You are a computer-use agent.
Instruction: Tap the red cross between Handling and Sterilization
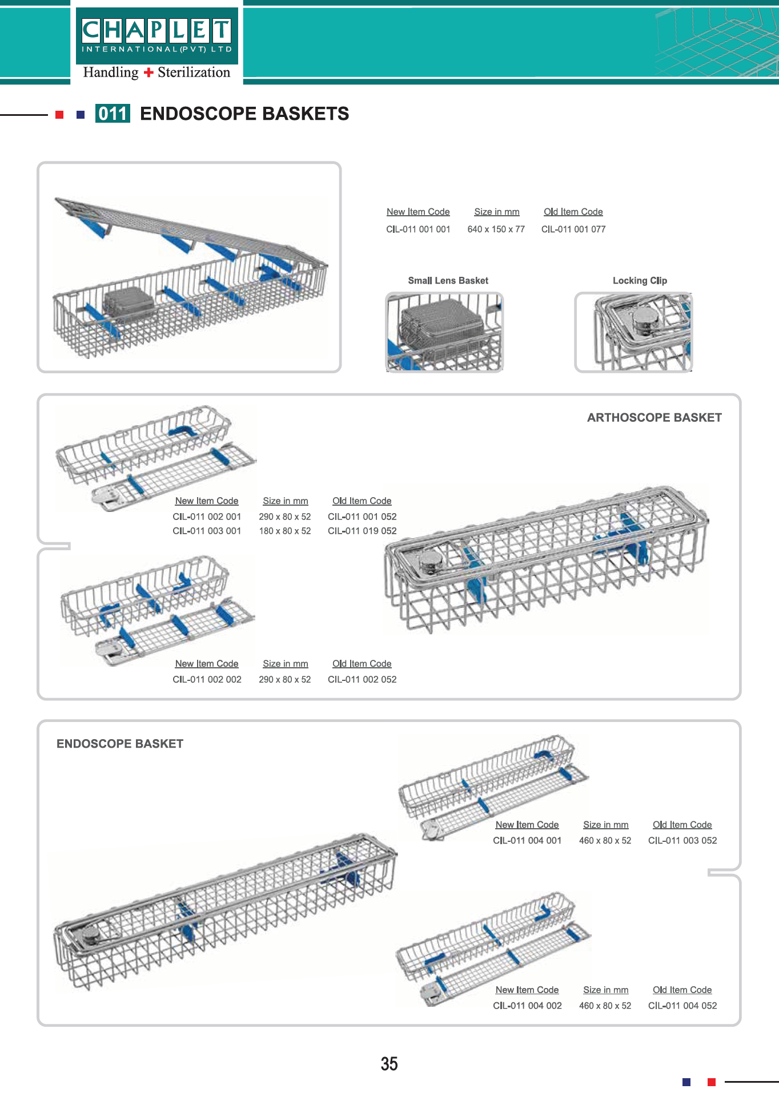pos(148,72)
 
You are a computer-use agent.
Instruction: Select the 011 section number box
pos(113,114)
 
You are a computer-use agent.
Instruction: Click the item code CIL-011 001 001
pos(418,229)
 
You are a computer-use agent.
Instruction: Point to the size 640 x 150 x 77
pos(496,229)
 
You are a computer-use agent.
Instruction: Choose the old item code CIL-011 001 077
pos(573,229)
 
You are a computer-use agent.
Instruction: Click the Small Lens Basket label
pos(448,281)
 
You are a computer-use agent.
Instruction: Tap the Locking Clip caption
pos(640,281)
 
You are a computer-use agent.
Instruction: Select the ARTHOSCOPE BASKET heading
pos(654,418)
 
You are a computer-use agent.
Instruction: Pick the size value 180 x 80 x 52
pos(285,531)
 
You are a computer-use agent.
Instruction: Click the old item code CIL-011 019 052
pos(362,531)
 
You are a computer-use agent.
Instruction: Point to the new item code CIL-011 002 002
pos(207,680)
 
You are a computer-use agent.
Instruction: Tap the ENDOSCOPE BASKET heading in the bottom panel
pos(120,744)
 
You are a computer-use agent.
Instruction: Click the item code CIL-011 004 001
pos(527,841)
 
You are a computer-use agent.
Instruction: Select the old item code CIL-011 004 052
pos(682,1006)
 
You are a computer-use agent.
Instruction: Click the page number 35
pos(389,1064)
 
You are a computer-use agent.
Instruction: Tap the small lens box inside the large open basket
pos(129,302)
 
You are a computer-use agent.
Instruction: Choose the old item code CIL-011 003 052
pos(682,841)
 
